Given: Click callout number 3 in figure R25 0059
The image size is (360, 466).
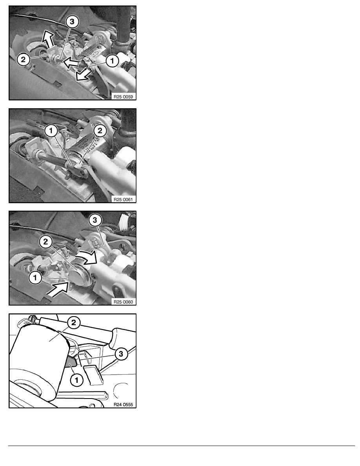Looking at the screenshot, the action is click(x=72, y=22).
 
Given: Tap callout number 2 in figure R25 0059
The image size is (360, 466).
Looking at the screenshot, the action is click(x=23, y=59).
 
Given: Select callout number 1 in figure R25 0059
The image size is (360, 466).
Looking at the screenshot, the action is click(x=112, y=61).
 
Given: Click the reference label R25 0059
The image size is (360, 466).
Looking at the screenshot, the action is click(x=123, y=96).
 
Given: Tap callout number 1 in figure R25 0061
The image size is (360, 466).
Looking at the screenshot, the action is click(x=51, y=131).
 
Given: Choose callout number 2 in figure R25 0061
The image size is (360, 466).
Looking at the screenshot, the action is click(x=100, y=131).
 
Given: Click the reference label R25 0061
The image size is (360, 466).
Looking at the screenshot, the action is click(x=123, y=199).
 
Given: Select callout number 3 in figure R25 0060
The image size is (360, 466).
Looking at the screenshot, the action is click(x=95, y=220).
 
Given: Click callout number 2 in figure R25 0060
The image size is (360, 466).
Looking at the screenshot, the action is click(x=45, y=242).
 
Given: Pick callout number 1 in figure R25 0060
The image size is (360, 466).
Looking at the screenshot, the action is click(x=35, y=278).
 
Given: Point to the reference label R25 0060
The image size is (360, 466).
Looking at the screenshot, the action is click(x=123, y=302).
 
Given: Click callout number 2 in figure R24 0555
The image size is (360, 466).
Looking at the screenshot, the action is click(x=74, y=323).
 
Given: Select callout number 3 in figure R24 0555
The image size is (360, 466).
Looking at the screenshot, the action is click(x=121, y=354).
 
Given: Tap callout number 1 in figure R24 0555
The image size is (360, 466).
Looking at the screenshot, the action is click(x=76, y=380).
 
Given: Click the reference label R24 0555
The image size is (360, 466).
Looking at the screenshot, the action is click(x=123, y=404).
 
